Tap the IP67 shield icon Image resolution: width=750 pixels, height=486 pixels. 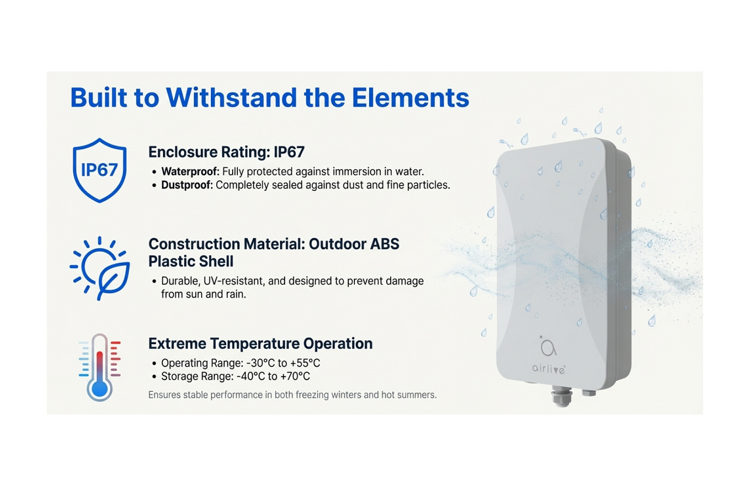tap(99, 170)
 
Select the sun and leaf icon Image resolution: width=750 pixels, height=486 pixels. tap(100, 268)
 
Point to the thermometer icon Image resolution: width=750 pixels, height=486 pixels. tap(99, 367)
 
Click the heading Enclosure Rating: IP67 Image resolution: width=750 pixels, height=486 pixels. tap(226, 152)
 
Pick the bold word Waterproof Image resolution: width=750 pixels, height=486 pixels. tap(190, 172)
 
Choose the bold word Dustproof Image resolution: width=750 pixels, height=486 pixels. tap(187, 185)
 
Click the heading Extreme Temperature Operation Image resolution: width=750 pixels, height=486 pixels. tap(260, 344)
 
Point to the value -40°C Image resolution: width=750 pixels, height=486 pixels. tap(247, 377)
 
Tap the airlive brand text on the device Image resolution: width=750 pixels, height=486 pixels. tap(548, 368)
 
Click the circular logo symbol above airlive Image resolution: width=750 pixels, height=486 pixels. tap(548, 347)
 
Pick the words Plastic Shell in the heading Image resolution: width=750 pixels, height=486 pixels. tap(190, 261)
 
